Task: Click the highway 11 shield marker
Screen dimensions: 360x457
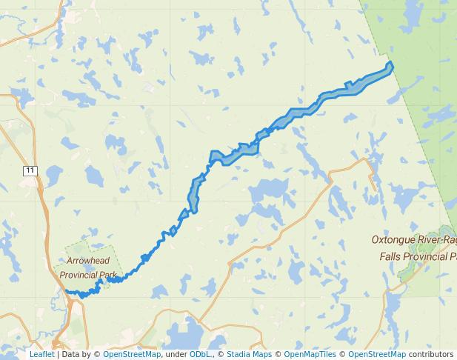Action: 30,170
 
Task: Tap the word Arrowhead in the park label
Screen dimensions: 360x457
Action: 88,261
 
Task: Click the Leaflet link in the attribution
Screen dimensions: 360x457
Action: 41,354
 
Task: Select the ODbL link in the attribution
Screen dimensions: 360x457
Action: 200,354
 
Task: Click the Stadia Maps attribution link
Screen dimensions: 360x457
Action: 249,354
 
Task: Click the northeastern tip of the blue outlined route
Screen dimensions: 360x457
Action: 390,65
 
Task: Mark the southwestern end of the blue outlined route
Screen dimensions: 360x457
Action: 67,291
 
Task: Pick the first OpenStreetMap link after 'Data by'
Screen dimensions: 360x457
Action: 132,354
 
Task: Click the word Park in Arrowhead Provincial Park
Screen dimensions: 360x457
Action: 111,275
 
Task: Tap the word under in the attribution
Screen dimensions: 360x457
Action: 176,354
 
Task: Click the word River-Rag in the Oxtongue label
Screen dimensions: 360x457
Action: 439,241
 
